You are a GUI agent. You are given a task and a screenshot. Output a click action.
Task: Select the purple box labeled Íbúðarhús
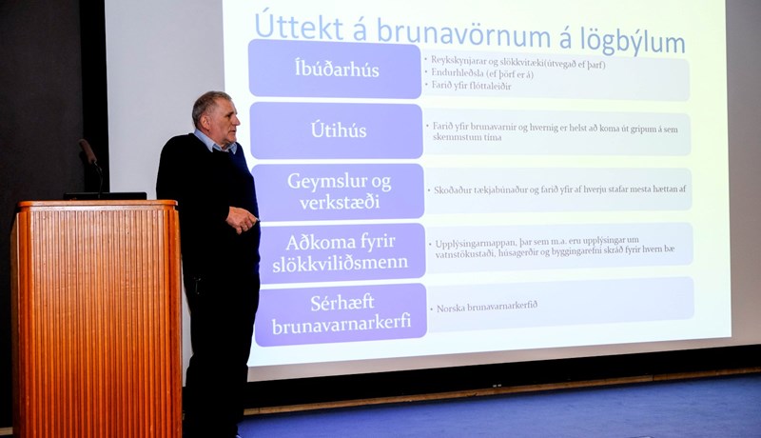[x=335, y=69]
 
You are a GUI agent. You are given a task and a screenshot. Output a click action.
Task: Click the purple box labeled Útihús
[x=337, y=130]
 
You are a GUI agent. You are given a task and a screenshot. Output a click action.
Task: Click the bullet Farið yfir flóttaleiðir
[x=472, y=87]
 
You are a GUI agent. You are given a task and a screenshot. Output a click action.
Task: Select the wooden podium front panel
[x=95, y=319]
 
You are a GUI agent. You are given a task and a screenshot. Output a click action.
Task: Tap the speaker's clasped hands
[x=242, y=221]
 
